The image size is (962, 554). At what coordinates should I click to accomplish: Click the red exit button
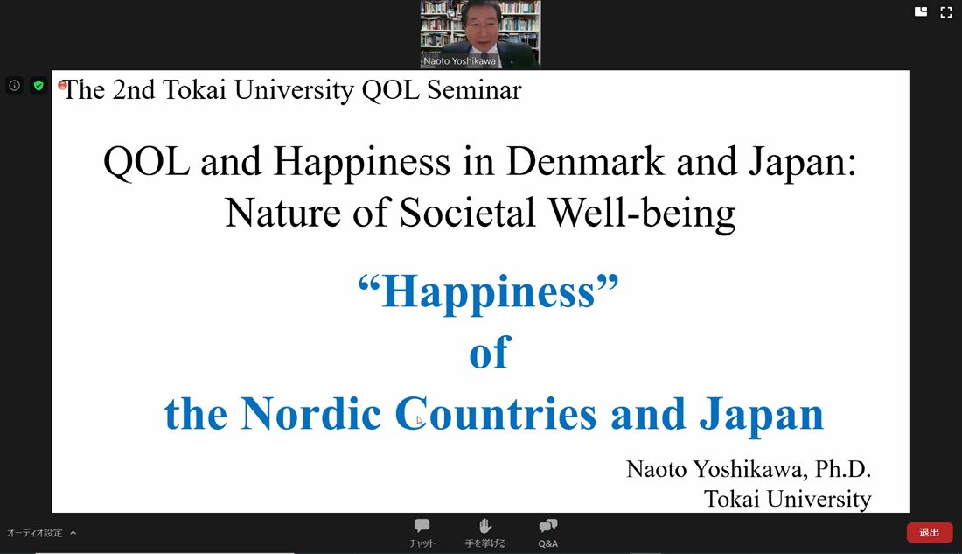point(930,532)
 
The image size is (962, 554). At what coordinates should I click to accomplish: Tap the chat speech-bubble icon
point(422,526)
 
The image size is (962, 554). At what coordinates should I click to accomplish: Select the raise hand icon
point(485,526)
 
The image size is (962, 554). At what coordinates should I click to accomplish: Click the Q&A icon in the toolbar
point(547,526)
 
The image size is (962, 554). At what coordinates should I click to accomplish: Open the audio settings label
point(35,532)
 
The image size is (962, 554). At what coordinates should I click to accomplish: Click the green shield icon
point(38,86)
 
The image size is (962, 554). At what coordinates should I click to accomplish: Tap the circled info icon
point(15,86)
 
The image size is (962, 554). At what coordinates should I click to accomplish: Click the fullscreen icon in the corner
point(946,12)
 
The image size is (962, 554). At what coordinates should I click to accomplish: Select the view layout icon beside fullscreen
point(921,12)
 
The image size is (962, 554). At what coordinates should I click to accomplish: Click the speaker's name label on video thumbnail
point(459,60)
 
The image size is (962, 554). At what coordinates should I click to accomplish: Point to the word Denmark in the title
point(586,162)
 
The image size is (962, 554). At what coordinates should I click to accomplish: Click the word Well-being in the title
point(642,214)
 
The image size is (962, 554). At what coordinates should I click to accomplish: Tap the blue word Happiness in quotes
point(489,292)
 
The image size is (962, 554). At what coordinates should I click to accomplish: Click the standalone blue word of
point(490,353)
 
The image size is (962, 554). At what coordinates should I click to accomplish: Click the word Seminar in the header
point(474,90)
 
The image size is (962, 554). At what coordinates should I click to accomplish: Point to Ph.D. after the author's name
point(843,469)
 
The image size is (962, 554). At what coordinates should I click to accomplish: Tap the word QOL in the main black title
point(147,162)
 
